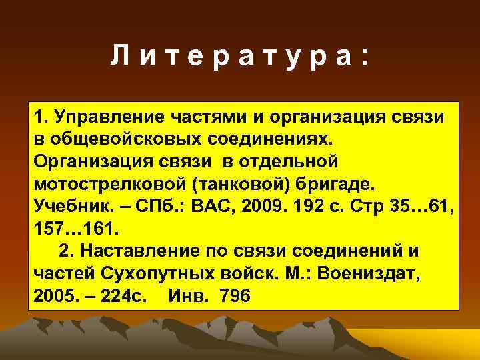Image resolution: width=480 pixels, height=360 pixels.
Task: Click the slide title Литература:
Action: click(239, 58)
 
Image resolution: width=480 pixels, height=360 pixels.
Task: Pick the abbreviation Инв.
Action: click(187, 296)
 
